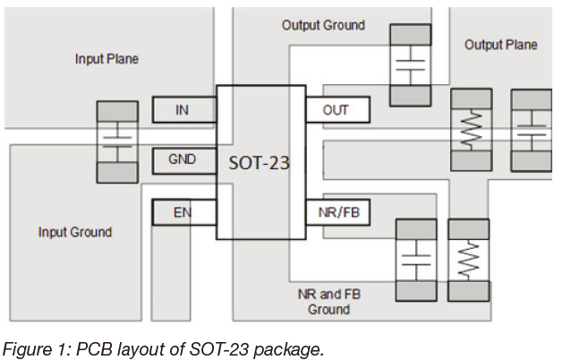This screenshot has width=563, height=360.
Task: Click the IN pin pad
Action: (184, 109)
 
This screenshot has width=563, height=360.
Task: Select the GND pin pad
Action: (184, 160)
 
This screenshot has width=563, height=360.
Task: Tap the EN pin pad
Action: (184, 212)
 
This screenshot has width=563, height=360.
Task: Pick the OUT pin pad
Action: (337, 109)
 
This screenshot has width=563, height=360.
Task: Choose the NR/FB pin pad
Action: (337, 212)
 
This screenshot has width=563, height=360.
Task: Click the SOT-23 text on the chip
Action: (259, 163)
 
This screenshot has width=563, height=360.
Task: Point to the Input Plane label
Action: (107, 59)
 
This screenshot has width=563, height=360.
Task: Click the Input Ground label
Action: (75, 232)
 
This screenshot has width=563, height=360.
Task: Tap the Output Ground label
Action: (323, 25)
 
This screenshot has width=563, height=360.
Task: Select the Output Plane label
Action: (501, 45)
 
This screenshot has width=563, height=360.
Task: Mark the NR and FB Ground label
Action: (328, 302)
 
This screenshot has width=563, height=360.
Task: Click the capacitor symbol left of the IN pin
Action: (117, 142)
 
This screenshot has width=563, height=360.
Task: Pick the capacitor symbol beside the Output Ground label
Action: (411, 65)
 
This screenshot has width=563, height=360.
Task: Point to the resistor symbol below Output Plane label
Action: (472, 130)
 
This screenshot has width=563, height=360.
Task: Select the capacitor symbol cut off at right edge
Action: (532, 131)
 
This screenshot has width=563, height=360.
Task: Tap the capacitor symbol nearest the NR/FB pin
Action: (416, 260)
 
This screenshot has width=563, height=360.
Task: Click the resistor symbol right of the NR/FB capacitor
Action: (468, 260)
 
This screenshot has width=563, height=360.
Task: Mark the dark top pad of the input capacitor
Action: (117, 111)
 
